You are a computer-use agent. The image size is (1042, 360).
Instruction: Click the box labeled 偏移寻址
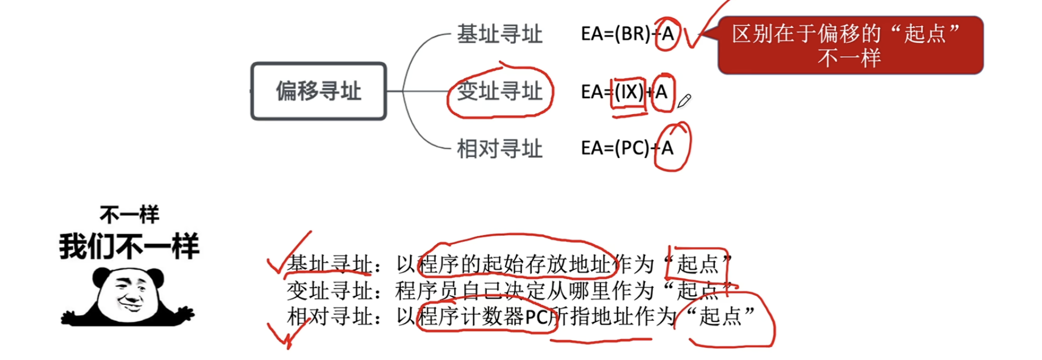(x=319, y=91)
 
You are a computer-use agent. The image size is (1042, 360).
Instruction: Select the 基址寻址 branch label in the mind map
(x=499, y=34)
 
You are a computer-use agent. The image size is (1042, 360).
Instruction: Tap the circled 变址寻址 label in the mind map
(x=499, y=91)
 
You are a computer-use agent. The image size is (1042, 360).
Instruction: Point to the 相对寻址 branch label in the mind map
(x=499, y=149)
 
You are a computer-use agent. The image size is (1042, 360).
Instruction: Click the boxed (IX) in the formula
(x=628, y=92)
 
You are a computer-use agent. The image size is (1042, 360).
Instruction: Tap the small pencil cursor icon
(x=684, y=102)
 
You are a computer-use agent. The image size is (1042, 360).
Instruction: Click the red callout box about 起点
(x=850, y=45)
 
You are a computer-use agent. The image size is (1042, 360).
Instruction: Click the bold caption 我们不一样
(x=129, y=246)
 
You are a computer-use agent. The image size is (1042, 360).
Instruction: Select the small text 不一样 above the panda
(x=130, y=215)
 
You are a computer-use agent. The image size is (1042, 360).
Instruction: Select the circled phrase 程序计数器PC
(x=483, y=316)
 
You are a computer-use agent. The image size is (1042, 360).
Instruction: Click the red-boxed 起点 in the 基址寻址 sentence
(x=698, y=264)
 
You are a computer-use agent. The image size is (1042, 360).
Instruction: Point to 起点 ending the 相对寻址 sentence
(x=720, y=316)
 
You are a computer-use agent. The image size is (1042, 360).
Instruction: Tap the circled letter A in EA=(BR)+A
(x=668, y=34)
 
